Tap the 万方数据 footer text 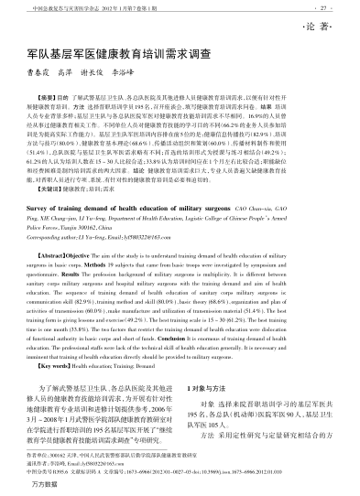(47, 490)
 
